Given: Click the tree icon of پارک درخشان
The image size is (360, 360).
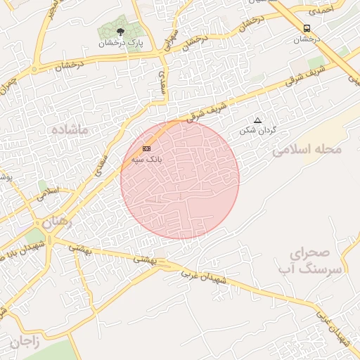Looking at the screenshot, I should click(120, 32).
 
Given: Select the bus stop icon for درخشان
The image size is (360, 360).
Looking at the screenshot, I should click(307, 28).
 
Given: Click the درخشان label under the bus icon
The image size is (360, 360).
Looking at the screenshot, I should click(307, 39).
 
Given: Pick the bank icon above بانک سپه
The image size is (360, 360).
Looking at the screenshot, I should click(146, 148).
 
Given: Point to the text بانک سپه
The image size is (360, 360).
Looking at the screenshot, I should click(146, 160).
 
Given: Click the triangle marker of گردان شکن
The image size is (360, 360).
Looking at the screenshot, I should click(257, 120).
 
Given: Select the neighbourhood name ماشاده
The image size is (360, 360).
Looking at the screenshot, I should click(69, 131).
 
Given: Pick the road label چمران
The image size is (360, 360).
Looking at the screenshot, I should click(8, 86).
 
